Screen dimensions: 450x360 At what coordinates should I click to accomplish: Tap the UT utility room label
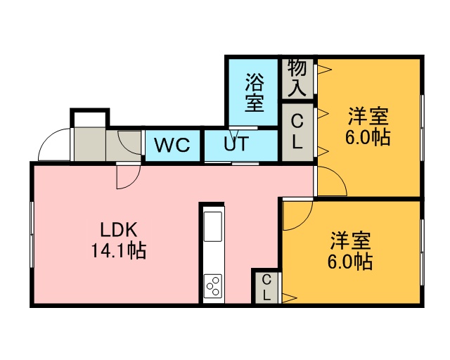click(236, 143)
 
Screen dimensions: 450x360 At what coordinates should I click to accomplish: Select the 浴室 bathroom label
click(255, 93)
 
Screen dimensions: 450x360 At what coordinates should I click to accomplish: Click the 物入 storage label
click(297, 77)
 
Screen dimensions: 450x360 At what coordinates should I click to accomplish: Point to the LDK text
click(118, 229)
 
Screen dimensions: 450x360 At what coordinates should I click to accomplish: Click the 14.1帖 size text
click(119, 250)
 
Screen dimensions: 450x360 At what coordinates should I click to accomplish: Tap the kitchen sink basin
click(212, 226)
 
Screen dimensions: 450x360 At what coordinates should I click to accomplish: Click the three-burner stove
click(212, 285)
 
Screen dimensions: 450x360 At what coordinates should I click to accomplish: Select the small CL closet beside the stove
click(266, 287)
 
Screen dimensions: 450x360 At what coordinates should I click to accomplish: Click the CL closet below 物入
click(297, 131)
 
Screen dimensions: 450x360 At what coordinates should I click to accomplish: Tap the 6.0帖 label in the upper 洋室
click(368, 138)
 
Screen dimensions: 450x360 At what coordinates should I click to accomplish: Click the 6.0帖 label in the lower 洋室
click(350, 262)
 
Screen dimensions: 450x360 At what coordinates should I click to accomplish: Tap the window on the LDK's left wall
click(32, 234)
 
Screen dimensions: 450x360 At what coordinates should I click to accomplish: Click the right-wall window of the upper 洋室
click(422, 128)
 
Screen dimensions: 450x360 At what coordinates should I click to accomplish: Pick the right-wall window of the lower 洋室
click(422, 252)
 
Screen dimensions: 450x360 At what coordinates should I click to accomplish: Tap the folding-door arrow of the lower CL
click(289, 298)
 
